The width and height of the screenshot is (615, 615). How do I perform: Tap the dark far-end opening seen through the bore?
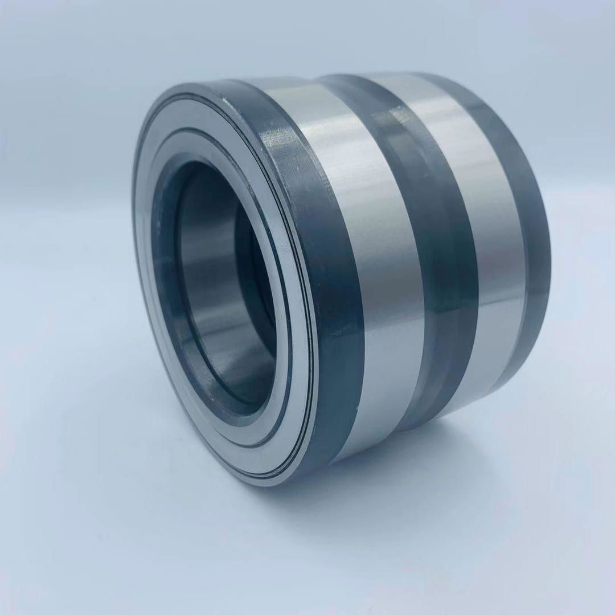point(256,273)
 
